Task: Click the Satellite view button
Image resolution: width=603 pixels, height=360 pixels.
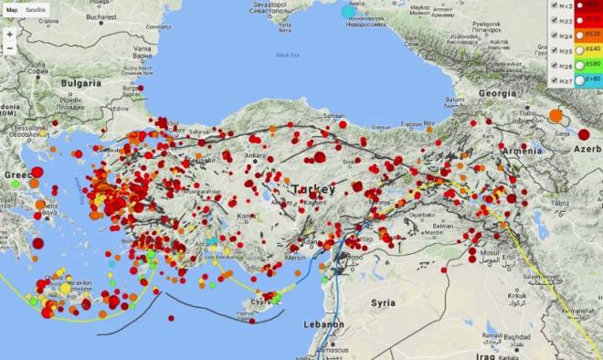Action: [x=36, y=8]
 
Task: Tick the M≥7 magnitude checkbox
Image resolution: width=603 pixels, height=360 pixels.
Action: [x=554, y=80]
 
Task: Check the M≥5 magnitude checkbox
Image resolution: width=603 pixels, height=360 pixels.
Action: [x=554, y=49]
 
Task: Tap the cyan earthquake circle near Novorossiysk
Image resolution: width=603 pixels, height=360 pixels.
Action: [x=348, y=12]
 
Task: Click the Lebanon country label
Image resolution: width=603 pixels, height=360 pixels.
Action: [x=326, y=324]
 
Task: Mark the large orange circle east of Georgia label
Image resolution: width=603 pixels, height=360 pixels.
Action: [x=555, y=116]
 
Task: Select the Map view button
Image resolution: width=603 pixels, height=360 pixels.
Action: [x=12, y=8]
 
